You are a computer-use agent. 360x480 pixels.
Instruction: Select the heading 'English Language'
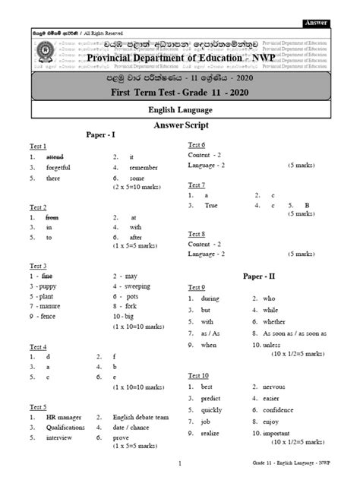point(180,110)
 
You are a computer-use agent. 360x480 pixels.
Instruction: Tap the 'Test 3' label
point(38,266)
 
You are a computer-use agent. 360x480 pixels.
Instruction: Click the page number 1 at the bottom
point(180,463)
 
